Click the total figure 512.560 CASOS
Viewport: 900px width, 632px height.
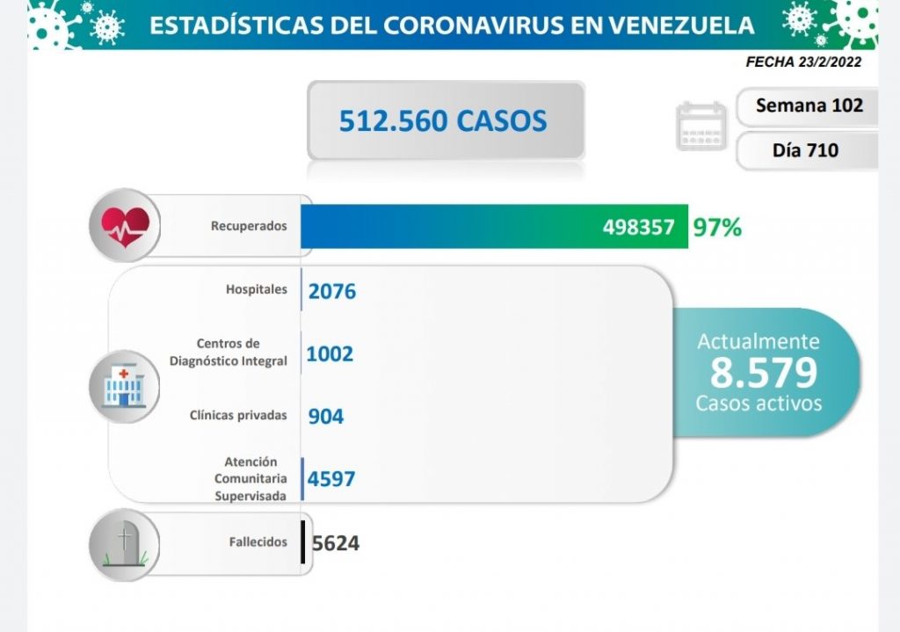tap(443, 120)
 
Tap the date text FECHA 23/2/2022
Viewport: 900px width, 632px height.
tap(802, 62)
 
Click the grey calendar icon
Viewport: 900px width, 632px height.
tap(700, 127)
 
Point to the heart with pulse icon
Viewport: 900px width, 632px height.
tap(125, 226)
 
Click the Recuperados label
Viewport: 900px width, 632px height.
tap(249, 226)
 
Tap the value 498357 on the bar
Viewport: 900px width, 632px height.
tap(639, 227)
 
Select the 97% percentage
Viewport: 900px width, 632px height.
tap(716, 227)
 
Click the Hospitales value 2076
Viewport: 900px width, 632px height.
tap(332, 291)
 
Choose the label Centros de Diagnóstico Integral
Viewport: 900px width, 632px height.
tap(229, 352)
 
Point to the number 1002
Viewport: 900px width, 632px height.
tap(330, 353)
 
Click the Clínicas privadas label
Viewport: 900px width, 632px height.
tap(238, 415)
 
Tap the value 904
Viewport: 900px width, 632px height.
tap(325, 417)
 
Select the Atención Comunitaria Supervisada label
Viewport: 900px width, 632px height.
tap(250, 478)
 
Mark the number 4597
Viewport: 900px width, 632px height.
tap(331, 478)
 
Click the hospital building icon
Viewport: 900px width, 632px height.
tap(124, 386)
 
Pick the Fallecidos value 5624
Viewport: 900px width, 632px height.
tap(335, 543)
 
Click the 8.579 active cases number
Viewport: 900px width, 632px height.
tap(763, 373)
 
